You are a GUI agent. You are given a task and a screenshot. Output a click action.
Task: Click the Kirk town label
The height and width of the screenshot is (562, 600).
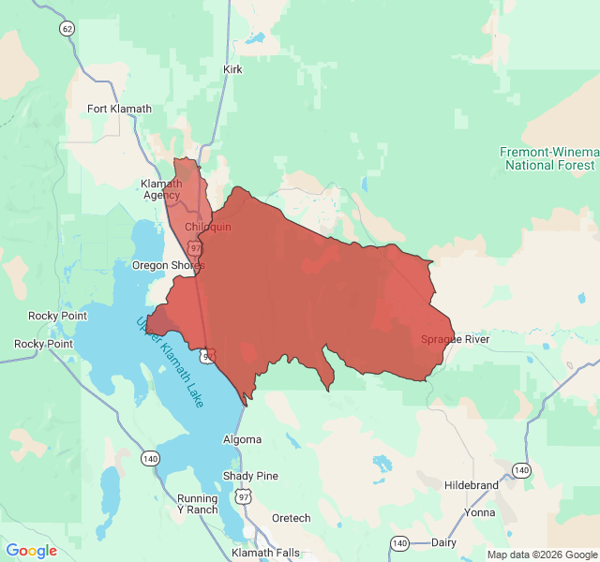tap(232, 69)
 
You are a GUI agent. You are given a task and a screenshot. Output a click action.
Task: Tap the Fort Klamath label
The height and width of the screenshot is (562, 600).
tap(119, 109)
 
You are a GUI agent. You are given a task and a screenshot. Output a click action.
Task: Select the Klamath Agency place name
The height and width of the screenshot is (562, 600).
tap(161, 189)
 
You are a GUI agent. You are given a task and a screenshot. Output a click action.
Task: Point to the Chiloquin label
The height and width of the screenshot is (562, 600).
tap(207, 227)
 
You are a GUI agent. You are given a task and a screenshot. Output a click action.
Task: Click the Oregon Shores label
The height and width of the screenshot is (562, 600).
tap(168, 265)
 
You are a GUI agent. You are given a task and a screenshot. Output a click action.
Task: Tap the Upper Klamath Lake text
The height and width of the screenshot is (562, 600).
tap(170, 362)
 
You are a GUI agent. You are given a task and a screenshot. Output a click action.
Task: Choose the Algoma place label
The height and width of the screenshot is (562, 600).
tap(242, 439)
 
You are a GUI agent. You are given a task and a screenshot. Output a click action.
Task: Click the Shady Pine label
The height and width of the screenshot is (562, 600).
tap(250, 476)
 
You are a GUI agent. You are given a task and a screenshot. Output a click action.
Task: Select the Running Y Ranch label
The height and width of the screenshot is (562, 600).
tap(198, 504)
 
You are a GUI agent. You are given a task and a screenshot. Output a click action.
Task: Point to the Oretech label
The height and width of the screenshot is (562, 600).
tap(291, 518)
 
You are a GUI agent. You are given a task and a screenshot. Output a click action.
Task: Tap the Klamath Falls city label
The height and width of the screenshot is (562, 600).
tap(265, 553)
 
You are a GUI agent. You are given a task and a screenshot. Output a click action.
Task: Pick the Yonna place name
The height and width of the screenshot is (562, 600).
tap(479, 513)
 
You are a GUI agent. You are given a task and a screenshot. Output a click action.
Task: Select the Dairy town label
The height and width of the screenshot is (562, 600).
tap(443, 542)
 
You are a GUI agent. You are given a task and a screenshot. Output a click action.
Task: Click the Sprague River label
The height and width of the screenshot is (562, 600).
tap(455, 339)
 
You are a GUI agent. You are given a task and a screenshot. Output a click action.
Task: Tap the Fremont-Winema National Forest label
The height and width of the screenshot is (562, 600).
tap(548, 158)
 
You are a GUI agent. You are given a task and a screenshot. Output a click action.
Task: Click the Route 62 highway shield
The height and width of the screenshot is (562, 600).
tap(66, 29)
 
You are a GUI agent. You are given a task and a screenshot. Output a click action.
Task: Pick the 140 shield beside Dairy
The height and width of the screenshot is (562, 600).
tap(400, 543)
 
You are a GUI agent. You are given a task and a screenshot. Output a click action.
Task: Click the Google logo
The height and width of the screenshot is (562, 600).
tap(31, 551)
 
